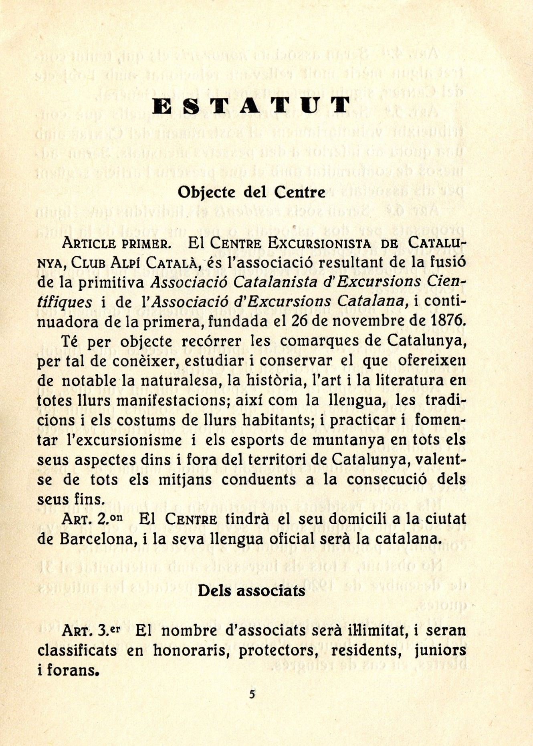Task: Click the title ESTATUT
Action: point(252,105)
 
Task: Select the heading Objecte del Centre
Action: point(251,192)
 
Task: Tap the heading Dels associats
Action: point(251,591)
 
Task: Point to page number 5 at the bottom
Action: point(252,694)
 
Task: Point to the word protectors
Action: point(279,650)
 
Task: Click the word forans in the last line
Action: point(72,670)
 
